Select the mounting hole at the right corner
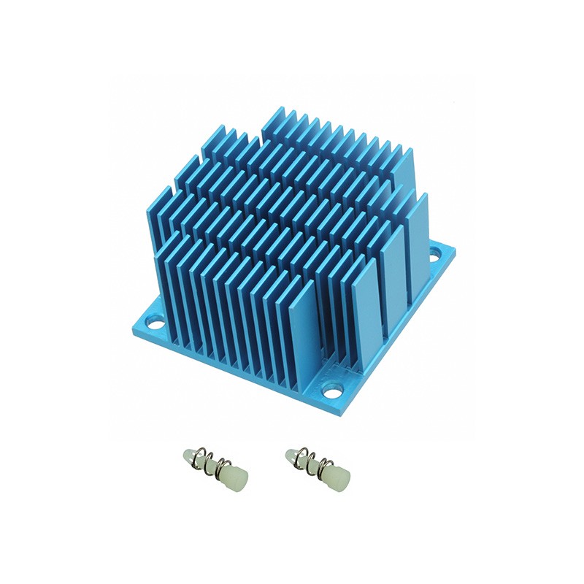tap(435, 256)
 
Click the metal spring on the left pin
tap(212, 466)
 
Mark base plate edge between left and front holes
tap(234, 369)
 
